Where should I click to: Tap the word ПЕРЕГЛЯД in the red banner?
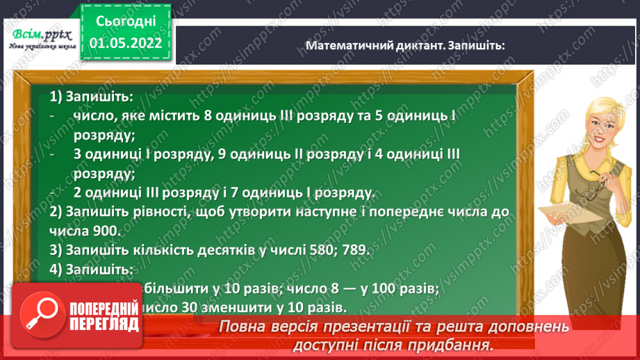point(103,324)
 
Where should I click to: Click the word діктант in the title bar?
point(419,45)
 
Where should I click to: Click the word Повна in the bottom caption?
point(244,327)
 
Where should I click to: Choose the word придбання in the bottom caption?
point(450,345)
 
